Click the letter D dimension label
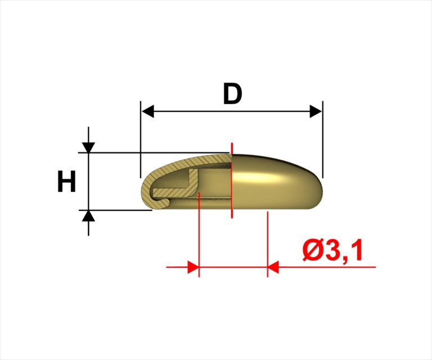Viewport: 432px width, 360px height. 232,94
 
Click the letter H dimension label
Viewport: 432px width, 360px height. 66,181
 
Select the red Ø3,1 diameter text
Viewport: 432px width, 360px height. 332,250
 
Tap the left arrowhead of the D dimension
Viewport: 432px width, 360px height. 148,111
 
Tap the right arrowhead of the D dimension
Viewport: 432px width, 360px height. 316,111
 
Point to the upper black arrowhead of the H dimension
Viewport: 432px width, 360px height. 88,147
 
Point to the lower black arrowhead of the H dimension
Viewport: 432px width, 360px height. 88,215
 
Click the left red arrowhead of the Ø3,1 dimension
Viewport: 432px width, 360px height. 193,267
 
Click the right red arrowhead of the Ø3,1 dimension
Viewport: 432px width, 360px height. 273,267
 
